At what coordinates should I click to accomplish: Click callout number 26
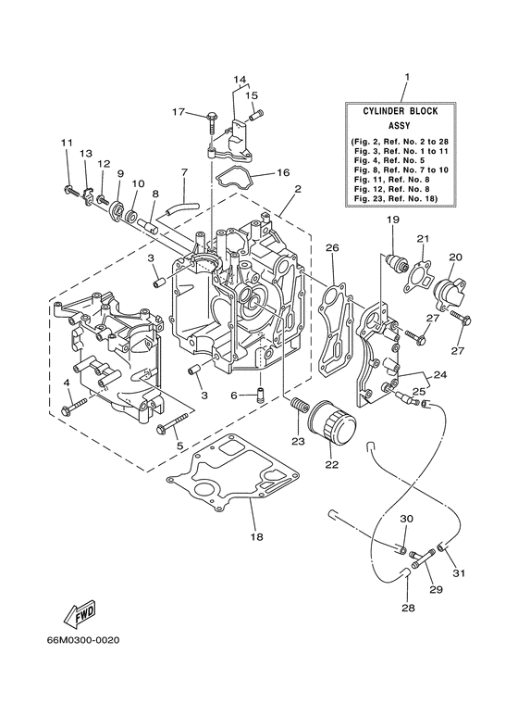coord(331,247)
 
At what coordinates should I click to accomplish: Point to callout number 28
coord(408,609)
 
